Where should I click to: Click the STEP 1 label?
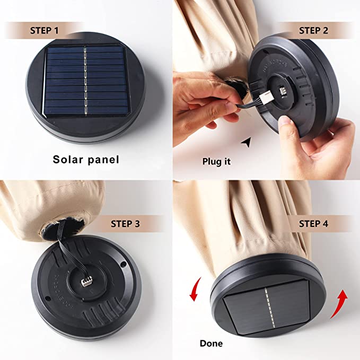(x=45, y=31)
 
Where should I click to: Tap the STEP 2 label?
(x=313, y=31)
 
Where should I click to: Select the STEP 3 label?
(x=125, y=224)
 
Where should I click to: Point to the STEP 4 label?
(x=313, y=224)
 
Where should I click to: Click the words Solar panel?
(x=86, y=160)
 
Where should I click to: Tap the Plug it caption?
(x=216, y=161)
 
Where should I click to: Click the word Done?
(x=211, y=344)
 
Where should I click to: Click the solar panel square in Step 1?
(x=86, y=81)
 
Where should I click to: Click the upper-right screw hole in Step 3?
(x=123, y=265)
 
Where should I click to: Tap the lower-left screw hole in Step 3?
(x=48, y=298)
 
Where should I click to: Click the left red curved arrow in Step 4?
(x=194, y=289)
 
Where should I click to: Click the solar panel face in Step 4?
(x=267, y=306)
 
